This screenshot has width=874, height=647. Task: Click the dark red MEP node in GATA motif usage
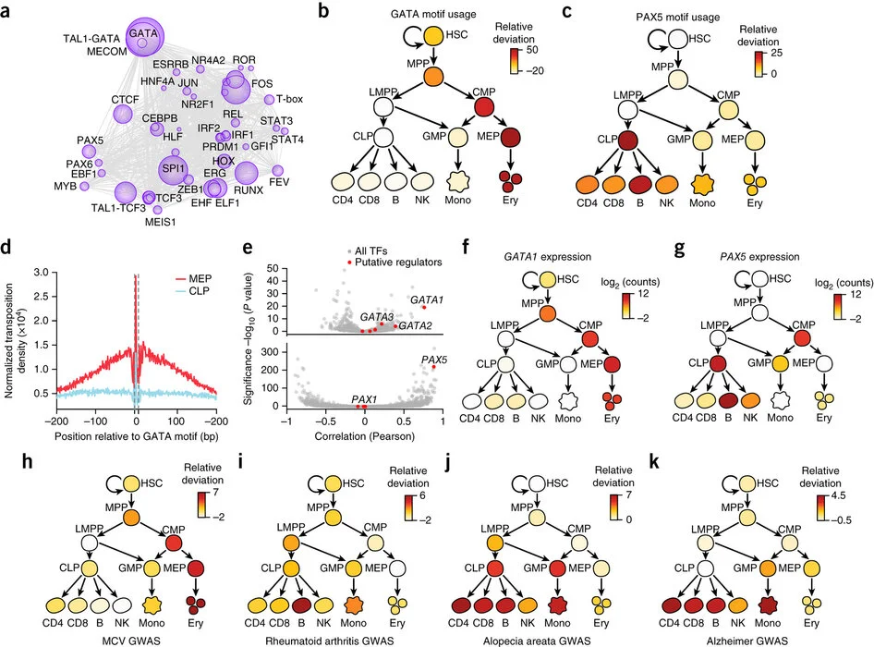pyautogui.click(x=506, y=140)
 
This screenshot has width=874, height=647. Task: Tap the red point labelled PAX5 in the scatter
pyautogui.click(x=433, y=367)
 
